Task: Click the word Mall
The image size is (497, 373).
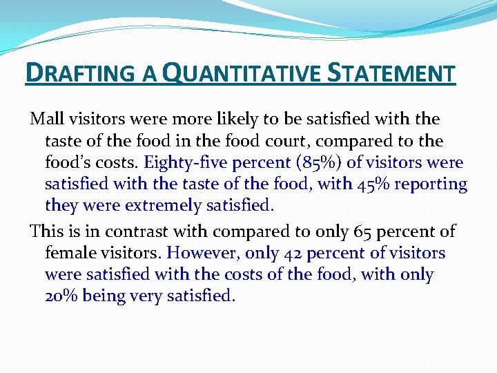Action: coord(46,119)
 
